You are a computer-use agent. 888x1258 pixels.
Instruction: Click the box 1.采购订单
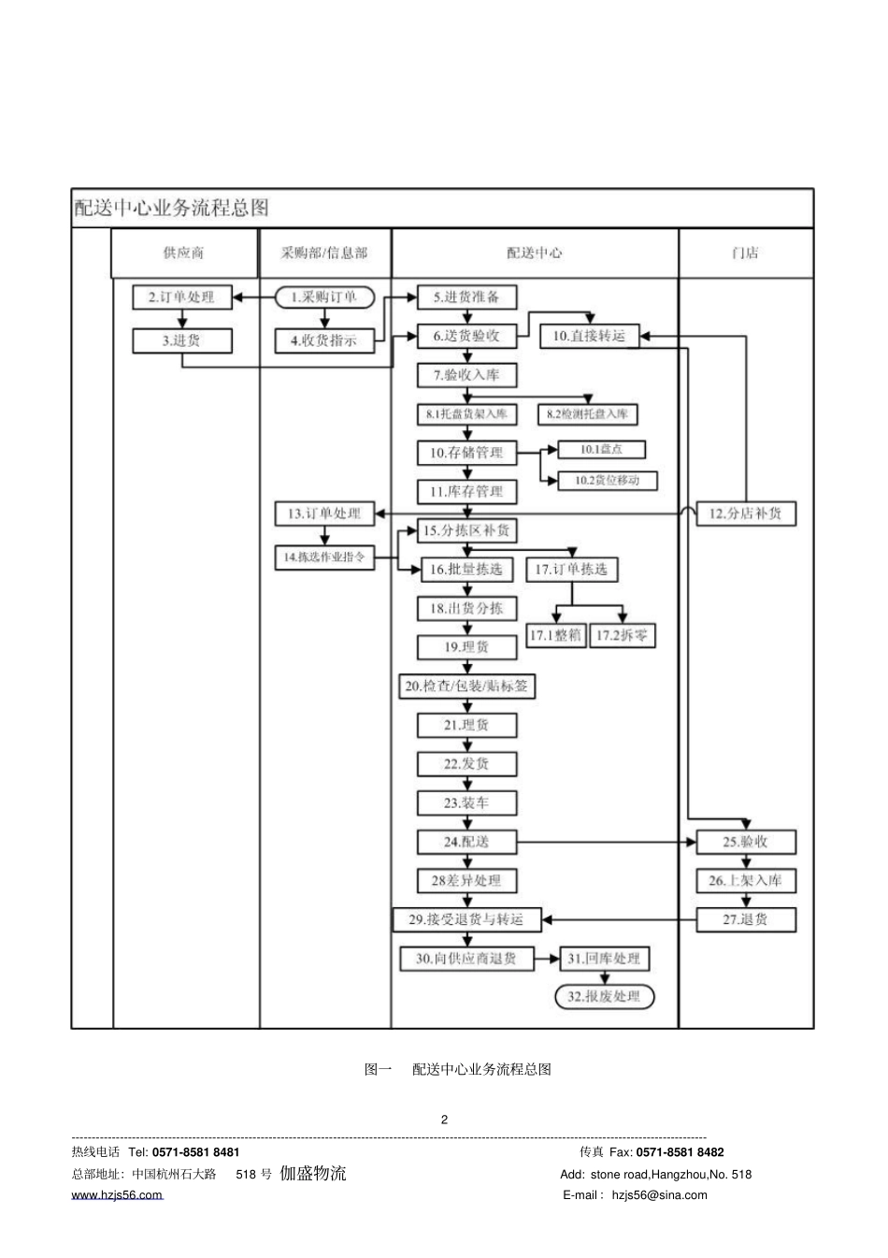click(323, 297)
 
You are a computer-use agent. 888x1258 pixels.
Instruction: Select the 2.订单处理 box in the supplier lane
click(181, 297)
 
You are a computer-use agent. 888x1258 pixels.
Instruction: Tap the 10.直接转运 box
click(589, 336)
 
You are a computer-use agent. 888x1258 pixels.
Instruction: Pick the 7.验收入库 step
click(466, 375)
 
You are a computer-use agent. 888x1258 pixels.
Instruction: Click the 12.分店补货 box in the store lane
click(745, 513)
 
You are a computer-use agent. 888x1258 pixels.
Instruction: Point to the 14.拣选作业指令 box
click(323, 557)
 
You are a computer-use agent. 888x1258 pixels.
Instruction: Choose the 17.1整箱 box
click(555, 636)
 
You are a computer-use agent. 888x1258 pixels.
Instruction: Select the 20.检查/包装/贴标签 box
click(466, 687)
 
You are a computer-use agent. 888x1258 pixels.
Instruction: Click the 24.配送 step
click(466, 842)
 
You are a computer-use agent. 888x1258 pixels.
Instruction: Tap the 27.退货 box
click(745, 919)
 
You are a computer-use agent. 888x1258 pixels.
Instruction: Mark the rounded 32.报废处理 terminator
click(605, 997)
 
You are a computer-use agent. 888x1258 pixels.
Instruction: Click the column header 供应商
click(183, 253)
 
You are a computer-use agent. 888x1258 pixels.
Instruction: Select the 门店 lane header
click(745, 253)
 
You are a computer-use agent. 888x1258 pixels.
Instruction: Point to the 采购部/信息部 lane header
click(324, 253)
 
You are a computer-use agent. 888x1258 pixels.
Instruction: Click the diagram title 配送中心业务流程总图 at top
click(172, 208)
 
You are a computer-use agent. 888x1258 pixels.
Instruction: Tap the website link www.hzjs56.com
click(117, 1195)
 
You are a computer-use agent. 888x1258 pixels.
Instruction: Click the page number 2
click(444, 1120)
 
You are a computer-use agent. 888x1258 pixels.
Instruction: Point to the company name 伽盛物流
click(313, 1173)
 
